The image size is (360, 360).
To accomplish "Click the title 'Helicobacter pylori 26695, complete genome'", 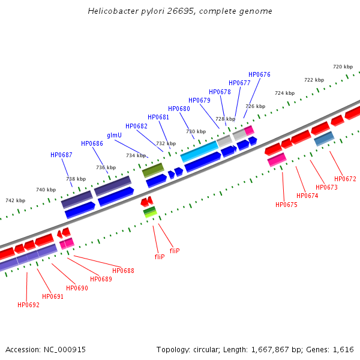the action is pyautogui.click(x=180, y=11).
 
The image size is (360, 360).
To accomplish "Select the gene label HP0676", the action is pyautogui.click(x=259, y=75).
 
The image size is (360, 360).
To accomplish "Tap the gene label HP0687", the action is pyautogui.click(x=61, y=155).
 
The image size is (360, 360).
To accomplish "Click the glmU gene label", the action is pyautogui.click(x=114, y=135).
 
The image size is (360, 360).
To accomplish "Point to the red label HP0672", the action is pyautogui.click(x=345, y=179).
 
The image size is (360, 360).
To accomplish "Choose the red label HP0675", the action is pyautogui.click(x=286, y=205).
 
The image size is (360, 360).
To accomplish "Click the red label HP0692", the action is pyautogui.click(x=28, y=305).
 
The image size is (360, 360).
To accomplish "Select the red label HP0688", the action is pyautogui.click(x=123, y=271).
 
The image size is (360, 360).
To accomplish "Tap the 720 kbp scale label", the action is pyautogui.click(x=343, y=67).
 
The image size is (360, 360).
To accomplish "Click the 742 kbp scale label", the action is pyautogui.click(x=16, y=200).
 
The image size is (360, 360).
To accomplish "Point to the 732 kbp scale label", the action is pyautogui.click(x=166, y=143).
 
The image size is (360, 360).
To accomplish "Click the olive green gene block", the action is pyautogui.click(x=152, y=170).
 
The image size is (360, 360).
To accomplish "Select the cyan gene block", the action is pyautogui.click(x=199, y=152).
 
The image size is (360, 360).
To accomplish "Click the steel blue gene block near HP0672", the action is pyautogui.click(x=324, y=139).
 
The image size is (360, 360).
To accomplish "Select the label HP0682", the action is pyautogui.click(x=136, y=126).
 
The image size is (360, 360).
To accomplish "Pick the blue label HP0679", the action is pyautogui.click(x=199, y=100).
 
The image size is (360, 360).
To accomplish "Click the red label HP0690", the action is pyautogui.click(x=77, y=288).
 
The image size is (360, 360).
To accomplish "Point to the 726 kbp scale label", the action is pyautogui.click(x=254, y=106).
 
